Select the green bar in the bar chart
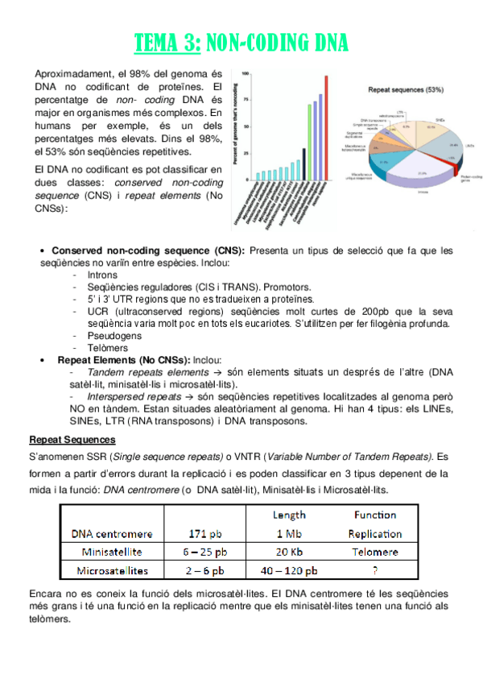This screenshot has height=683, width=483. coord(309,142)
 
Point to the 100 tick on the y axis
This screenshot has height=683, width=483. coord(245,72)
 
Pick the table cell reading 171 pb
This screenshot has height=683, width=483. coord(205,533)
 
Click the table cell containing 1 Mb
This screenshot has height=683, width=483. coord(289,533)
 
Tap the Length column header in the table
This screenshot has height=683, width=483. coord(289,515)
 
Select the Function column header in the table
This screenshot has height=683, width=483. coord(375,515)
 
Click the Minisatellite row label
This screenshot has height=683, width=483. coord(111,552)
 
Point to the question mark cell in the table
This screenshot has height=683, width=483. coord(375,571)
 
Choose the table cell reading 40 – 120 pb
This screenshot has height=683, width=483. coord(289,571)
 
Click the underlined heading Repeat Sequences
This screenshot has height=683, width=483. coord(72,440)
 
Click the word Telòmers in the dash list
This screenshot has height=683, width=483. coord(108,348)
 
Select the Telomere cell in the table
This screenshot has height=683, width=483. coord(375,552)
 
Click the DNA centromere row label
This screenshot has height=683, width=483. coord(111,533)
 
